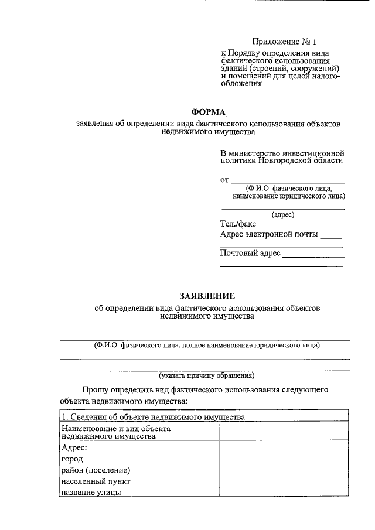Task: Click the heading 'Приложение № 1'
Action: tap(284, 42)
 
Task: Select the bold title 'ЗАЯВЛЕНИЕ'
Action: tap(207, 296)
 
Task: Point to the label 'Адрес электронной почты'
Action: tap(269, 235)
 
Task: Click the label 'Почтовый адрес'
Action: tap(250, 254)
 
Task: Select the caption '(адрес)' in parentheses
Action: tap(283, 215)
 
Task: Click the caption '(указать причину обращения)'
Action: tap(206, 375)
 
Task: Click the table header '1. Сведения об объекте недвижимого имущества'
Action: tap(152, 417)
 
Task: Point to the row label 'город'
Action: tap(71, 459)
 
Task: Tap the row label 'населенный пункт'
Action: tap(95, 481)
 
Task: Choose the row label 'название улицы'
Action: tap(91, 493)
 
